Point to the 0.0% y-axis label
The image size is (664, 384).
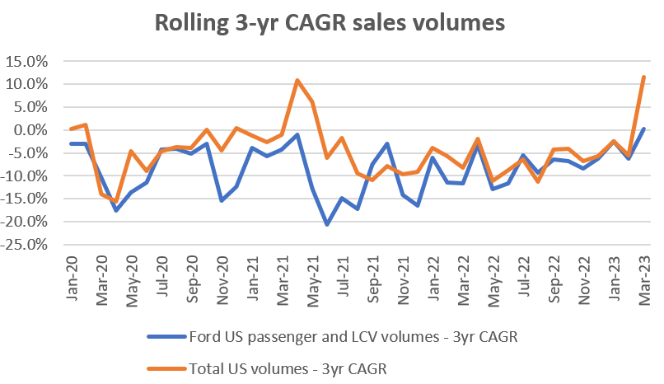coord(32,129)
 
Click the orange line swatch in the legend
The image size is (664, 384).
coord(165,370)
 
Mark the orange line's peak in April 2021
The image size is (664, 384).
coord(297,81)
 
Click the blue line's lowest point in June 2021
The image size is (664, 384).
coord(327,224)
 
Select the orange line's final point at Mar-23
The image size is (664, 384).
coord(643,77)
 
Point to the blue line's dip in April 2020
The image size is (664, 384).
coord(116,210)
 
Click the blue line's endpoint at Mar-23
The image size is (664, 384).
coord(643,129)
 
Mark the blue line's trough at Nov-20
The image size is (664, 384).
coord(222,200)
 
